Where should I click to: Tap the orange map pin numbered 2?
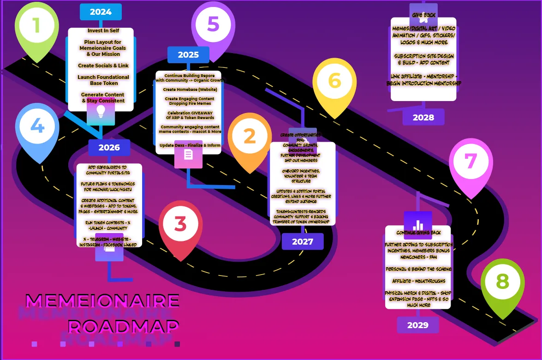[250, 137]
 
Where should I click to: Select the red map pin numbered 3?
[180, 225]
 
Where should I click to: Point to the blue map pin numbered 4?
[37, 127]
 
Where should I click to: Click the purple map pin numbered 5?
[213, 24]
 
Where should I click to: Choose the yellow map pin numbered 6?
[334, 82]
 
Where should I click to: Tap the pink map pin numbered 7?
[471, 162]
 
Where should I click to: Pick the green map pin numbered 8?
[502, 282]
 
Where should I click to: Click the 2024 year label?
[101, 12]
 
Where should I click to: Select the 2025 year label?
[188, 55]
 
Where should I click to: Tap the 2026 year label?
[109, 148]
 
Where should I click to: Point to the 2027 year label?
[303, 241]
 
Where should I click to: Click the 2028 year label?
[423, 117]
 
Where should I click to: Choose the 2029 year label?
[418, 325]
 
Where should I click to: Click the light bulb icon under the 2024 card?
[101, 111]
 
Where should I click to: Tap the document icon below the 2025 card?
[188, 154]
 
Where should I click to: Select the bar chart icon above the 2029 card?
[418, 225]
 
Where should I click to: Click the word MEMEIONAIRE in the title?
[102, 301]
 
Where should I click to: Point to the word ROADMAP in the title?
[124, 327]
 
